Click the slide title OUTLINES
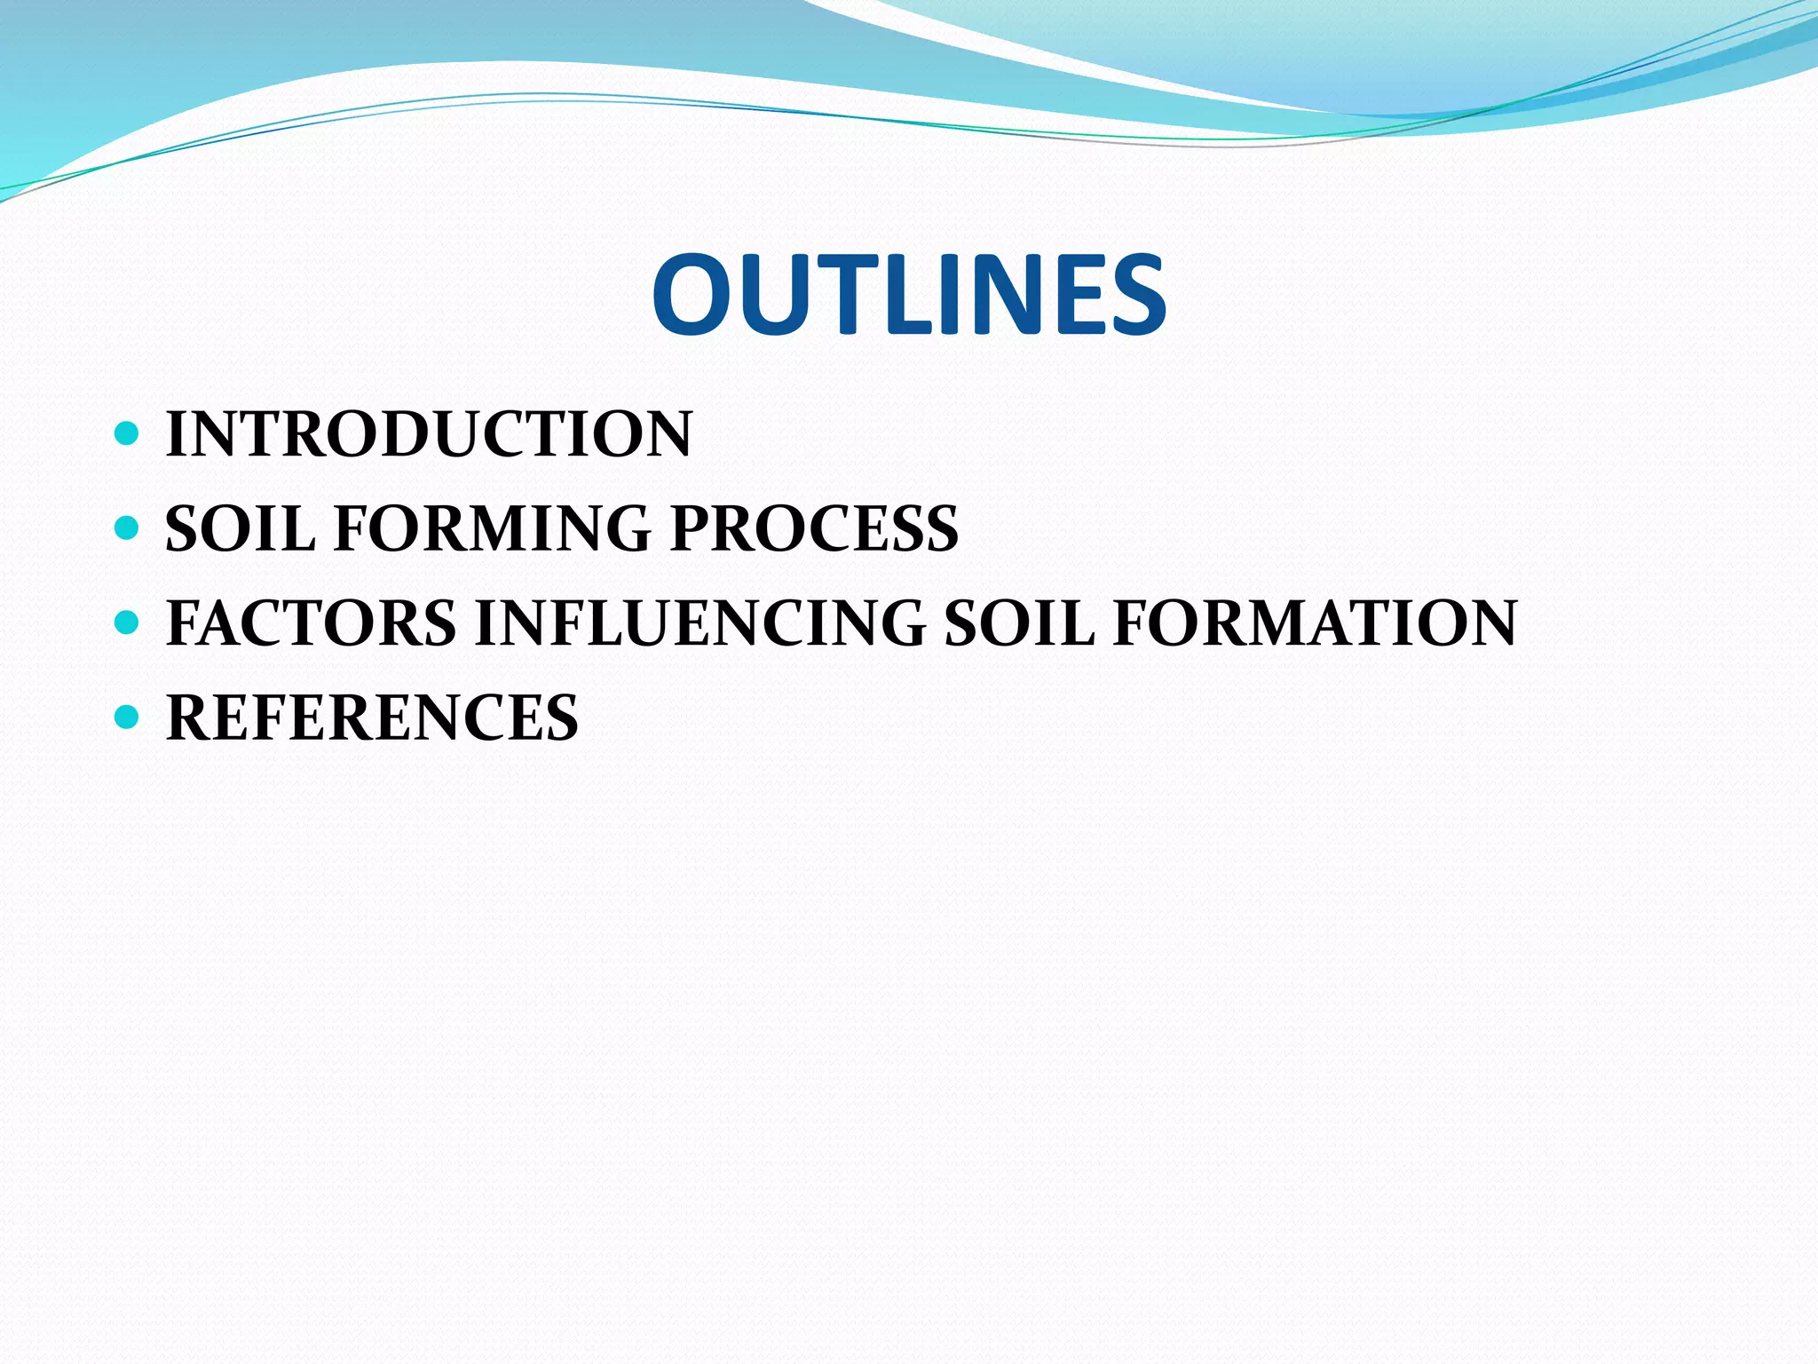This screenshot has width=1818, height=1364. pyautogui.click(x=909, y=295)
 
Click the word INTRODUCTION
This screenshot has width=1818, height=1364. pyautogui.click(x=429, y=434)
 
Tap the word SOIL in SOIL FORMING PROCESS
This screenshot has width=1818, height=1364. pyautogui.click(x=240, y=528)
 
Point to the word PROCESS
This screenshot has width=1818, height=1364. pyautogui.click(x=814, y=528)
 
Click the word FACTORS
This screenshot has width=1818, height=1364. pyautogui.click(x=311, y=623)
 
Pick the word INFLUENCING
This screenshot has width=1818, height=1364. pyautogui.click(x=700, y=623)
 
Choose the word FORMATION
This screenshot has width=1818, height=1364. pyautogui.click(x=1315, y=623)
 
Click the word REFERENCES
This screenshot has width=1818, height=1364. pyautogui.click(x=372, y=718)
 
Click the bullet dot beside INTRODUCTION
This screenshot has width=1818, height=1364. pyautogui.click(x=128, y=434)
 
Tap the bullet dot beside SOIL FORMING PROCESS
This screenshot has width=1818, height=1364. pyautogui.click(x=128, y=528)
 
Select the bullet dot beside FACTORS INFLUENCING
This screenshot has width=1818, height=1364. pyautogui.click(x=128, y=623)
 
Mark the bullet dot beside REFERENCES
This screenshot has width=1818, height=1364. pyautogui.click(x=128, y=717)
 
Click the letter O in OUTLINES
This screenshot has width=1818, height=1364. pyautogui.click(x=696, y=295)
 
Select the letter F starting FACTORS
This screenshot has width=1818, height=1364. pyautogui.click(x=186, y=623)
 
